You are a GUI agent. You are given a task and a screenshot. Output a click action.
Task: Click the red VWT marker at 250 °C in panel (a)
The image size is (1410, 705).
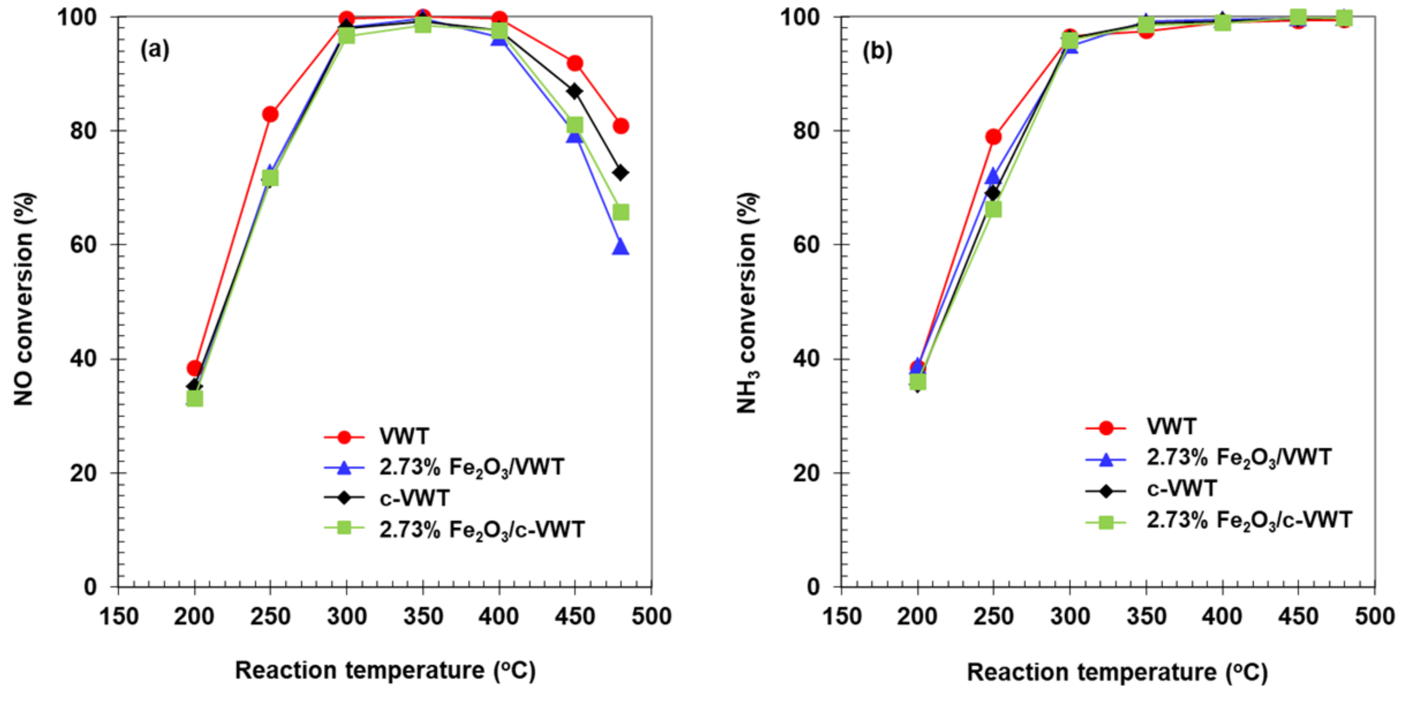click(270, 115)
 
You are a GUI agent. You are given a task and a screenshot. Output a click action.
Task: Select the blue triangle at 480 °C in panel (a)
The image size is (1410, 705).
click(620, 247)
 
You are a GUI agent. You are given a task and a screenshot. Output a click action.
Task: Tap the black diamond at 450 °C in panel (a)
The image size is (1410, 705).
click(575, 91)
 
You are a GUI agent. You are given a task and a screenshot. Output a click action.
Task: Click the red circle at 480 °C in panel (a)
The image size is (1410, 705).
click(621, 126)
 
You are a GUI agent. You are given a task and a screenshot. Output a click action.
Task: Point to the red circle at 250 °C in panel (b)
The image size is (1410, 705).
click(994, 137)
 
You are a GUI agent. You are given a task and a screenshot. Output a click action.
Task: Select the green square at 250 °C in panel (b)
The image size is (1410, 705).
click(994, 210)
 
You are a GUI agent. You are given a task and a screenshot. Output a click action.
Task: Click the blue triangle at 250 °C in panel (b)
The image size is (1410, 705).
click(993, 177)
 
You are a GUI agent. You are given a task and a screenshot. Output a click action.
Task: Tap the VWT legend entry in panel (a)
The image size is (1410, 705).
click(404, 436)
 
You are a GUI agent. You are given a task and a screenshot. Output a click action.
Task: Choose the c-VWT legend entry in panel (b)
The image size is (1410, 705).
click(1181, 488)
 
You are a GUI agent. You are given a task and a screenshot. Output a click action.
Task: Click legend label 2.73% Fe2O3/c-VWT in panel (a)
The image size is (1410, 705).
click(482, 530)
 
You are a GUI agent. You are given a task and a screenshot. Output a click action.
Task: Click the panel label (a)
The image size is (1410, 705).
click(155, 50)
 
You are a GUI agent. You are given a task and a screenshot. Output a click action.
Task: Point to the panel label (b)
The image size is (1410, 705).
click(877, 51)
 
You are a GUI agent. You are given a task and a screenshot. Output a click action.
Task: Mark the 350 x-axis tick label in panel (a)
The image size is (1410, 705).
click(423, 617)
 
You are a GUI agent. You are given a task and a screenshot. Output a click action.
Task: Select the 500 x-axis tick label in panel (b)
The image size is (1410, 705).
click(1374, 617)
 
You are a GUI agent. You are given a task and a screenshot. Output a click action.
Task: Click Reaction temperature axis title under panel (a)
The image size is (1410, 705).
click(385, 671)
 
